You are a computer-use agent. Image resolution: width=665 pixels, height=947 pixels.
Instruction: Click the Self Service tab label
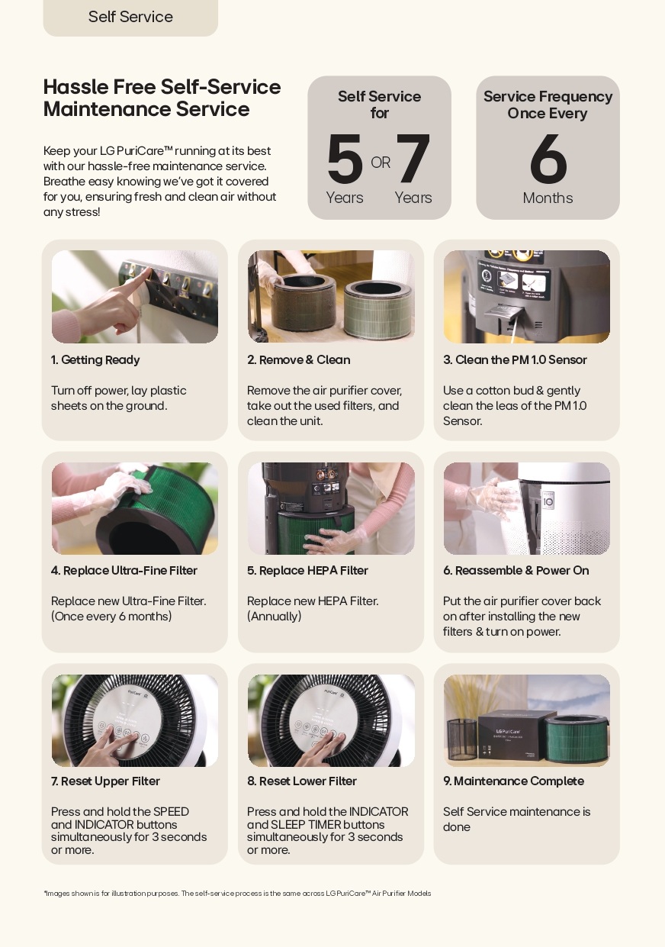point(130,17)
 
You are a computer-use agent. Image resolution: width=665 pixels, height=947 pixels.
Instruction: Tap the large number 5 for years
point(345,159)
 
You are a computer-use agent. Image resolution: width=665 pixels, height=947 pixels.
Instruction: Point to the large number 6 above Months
point(548,159)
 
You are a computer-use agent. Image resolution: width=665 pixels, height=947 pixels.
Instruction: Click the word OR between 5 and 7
point(381,163)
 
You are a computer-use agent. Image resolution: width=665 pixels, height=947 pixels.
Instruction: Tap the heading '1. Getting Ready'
point(95,359)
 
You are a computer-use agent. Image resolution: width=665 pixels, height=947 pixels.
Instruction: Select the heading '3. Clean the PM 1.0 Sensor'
point(515,359)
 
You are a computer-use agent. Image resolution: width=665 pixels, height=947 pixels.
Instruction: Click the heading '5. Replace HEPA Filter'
point(307,570)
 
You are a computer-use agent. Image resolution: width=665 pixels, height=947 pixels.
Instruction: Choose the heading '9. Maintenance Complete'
point(513,781)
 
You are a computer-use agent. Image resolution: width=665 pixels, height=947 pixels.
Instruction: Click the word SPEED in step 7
point(171,812)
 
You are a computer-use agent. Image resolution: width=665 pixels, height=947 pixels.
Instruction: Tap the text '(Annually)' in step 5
point(275,617)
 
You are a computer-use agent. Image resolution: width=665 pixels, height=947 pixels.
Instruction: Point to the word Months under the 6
point(548,198)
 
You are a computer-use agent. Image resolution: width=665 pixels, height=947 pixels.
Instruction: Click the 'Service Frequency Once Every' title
point(548,105)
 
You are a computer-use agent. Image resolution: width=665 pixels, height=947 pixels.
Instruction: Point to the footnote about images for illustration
point(237,894)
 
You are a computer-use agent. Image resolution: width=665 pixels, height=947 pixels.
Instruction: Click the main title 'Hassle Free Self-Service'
point(162,87)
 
